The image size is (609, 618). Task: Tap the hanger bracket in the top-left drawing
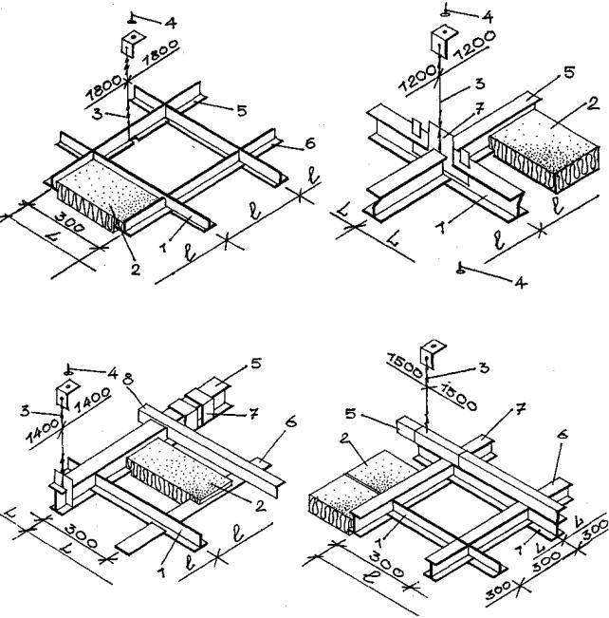[x=132, y=44]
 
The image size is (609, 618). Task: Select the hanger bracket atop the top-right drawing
[x=443, y=39]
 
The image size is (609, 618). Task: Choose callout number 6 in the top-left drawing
[x=310, y=143]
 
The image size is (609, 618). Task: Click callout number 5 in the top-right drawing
[x=569, y=72]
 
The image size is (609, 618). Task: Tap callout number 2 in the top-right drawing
[x=593, y=103]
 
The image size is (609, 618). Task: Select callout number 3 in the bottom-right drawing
[x=484, y=367]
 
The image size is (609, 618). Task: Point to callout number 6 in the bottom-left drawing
[x=290, y=422]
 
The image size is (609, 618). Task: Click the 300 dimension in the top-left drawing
[x=69, y=221]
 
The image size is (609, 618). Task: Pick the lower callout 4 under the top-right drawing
[x=521, y=282]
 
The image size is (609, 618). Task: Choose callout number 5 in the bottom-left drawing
[x=256, y=363]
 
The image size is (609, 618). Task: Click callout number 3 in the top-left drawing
[x=98, y=114]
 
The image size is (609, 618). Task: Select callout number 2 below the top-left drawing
[x=135, y=270]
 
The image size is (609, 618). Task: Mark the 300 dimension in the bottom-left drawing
[x=81, y=536]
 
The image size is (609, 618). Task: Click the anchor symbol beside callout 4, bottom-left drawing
[x=69, y=371]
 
